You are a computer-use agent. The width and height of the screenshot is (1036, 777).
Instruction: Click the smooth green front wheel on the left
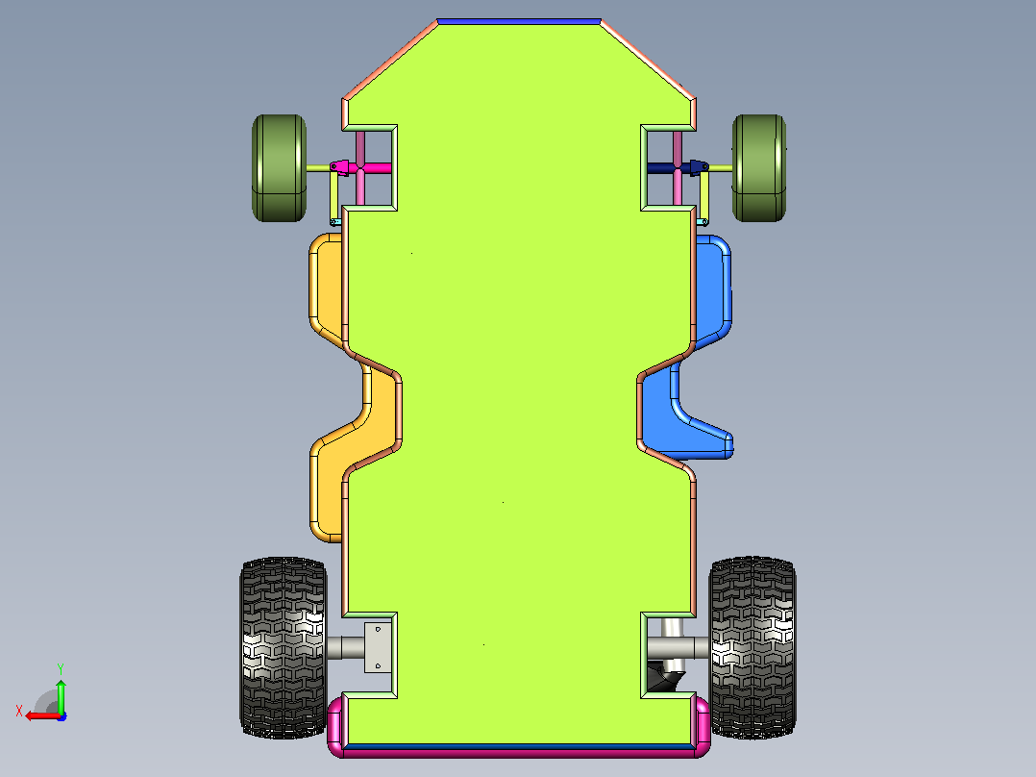(279, 168)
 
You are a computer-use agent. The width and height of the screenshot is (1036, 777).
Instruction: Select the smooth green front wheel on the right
(759, 168)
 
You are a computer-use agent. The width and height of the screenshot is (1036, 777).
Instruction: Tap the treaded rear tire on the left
(284, 647)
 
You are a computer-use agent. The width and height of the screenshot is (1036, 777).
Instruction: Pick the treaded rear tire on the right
(752, 647)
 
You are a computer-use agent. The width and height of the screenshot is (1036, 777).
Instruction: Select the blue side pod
(712, 291)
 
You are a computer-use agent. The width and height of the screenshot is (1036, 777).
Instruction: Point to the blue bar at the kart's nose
(519, 22)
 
